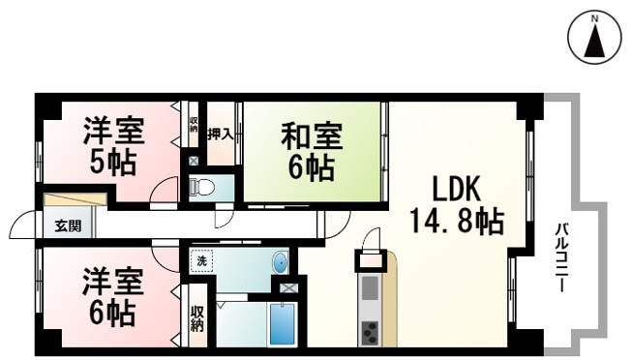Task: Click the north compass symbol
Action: [x=595, y=37]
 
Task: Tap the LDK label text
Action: [x=457, y=189]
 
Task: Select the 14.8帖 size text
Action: [x=457, y=221]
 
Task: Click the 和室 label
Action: [x=312, y=135]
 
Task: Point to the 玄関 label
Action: [x=68, y=226]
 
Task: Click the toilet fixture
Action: [x=202, y=187]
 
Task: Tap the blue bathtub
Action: [x=282, y=324]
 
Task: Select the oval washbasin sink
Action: [x=280, y=263]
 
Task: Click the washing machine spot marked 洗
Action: [x=201, y=261]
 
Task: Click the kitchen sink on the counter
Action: [x=370, y=288]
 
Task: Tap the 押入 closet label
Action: [x=221, y=134]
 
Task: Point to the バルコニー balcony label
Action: [x=561, y=257]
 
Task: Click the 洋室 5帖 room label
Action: [x=113, y=145]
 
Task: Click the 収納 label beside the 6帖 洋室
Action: [x=197, y=318]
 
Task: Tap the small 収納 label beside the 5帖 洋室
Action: [x=194, y=124]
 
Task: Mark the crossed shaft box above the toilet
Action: [x=194, y=161]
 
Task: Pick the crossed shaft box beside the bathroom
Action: [x=288, y=288]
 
